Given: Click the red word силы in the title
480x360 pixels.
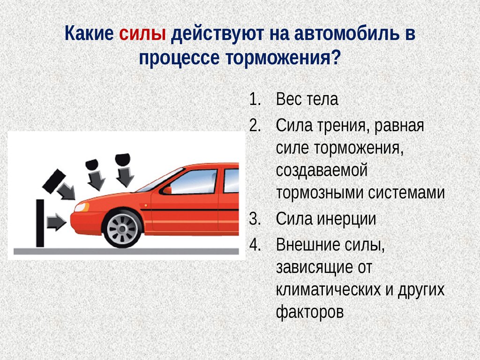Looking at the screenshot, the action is point(142,33).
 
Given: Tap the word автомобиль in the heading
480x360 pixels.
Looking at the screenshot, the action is point(347,33).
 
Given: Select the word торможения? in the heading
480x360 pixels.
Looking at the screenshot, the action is point(283,58).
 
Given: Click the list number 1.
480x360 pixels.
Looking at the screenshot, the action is point(255,99).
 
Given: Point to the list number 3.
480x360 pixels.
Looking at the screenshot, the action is point(255,219).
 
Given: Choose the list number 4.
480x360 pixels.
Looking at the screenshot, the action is point(255,245).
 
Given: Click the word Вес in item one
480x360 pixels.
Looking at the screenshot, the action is point(289,99).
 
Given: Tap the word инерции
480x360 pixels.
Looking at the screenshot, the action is point(346,219).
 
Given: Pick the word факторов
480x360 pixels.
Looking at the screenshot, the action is point(310,312).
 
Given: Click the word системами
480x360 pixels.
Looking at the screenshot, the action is point(406,193).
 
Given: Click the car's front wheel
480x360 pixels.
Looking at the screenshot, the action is point(123,228).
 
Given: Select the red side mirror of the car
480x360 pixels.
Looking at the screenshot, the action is point(165,190).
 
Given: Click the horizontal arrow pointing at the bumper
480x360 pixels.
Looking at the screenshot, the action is point(56,222).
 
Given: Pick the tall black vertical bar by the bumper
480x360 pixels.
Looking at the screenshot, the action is point(40,223).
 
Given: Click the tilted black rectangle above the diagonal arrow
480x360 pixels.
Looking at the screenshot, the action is point(54,181).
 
